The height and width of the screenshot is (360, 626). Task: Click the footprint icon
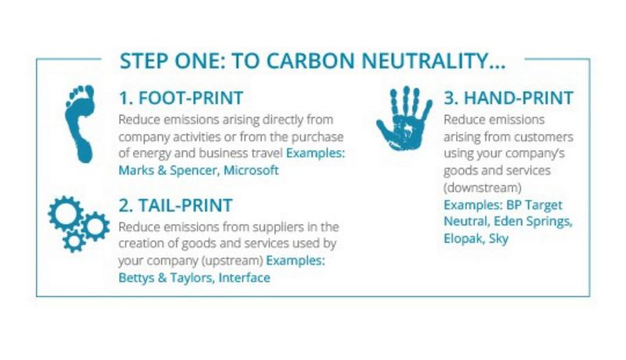(x=81, y=124)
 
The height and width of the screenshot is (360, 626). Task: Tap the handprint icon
(x=404, y=119)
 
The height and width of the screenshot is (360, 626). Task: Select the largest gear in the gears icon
(x=66, y=213)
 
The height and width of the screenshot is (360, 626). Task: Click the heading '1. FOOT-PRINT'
(x=181, y=98)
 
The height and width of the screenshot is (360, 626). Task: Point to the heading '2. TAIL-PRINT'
(x=175, y=206)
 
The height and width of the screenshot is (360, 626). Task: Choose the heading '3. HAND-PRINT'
(x=509, y=98)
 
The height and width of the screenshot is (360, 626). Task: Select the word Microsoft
(x=251, y=171)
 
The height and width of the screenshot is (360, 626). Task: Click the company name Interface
(x=244, y=278)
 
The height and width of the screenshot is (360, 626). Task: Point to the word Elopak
(x=464, y=239)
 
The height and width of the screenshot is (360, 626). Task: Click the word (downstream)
(x=483, y=188)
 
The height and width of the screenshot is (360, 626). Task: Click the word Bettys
(x=136, y=278)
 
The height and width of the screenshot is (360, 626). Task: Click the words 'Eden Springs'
(x=533, y=222)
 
